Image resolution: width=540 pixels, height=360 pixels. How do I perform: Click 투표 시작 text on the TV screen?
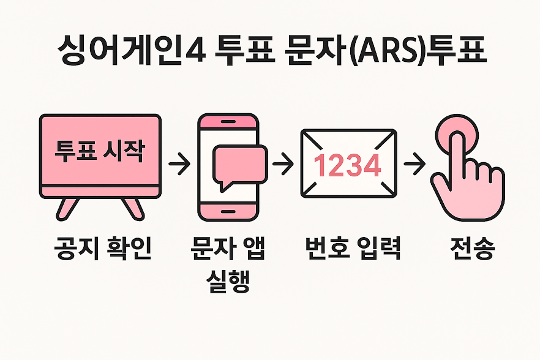click(100, 151)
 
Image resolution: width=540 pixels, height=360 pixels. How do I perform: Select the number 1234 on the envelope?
click(347, 165)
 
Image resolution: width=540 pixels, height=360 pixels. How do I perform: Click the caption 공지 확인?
click(101, 249)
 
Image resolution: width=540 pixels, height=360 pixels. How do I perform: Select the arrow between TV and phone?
click(178, 165)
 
